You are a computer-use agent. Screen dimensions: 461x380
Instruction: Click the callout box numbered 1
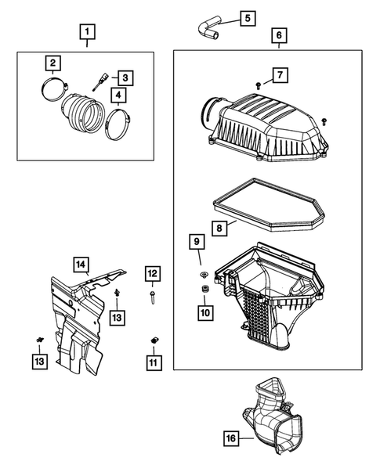(x=88, y=32)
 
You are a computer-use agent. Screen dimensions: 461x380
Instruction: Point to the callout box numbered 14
(x=81, y=265)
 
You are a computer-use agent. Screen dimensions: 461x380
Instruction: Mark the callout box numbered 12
(x=152, y=273)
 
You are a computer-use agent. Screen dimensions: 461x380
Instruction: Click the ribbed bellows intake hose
(x=81, y=110)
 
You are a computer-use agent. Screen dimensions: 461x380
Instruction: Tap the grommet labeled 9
(x=203, y=275)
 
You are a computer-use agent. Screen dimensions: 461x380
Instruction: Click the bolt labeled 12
(x=152, y=297)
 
